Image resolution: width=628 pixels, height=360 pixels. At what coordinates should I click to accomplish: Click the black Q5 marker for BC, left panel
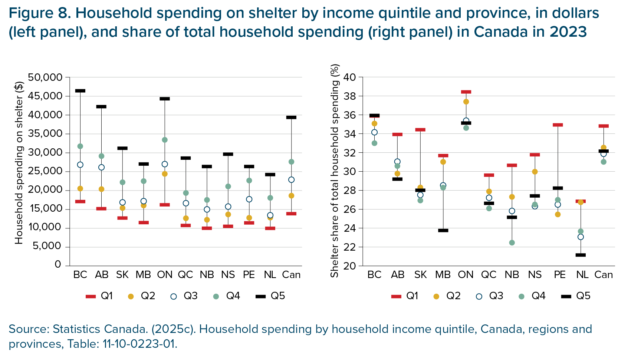(80, 91)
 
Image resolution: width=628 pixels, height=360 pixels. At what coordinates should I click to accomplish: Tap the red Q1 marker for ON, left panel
(165, 205)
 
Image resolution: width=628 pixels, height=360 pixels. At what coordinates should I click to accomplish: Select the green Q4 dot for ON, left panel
(165, 140)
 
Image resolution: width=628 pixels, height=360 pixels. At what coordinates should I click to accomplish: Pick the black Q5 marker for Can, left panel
(291, 118)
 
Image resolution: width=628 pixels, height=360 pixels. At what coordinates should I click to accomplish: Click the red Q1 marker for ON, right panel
(466, 92)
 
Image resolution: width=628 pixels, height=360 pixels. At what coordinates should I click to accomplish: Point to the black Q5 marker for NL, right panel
(581, 255)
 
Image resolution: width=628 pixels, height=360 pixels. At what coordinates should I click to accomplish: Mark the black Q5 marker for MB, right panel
(443, 231)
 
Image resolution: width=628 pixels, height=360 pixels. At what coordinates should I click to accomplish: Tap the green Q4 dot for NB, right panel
(512, 243)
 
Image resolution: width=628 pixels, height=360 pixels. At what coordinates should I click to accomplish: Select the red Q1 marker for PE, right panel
(558, 125)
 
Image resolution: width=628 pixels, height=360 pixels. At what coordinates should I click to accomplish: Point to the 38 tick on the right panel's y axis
(350, 96)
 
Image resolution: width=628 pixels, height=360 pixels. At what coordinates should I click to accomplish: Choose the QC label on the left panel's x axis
(185, 275)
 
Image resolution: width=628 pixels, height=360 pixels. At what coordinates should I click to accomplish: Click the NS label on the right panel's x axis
(535, 275)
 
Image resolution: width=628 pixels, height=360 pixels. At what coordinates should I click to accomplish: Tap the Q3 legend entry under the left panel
(184, 296)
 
